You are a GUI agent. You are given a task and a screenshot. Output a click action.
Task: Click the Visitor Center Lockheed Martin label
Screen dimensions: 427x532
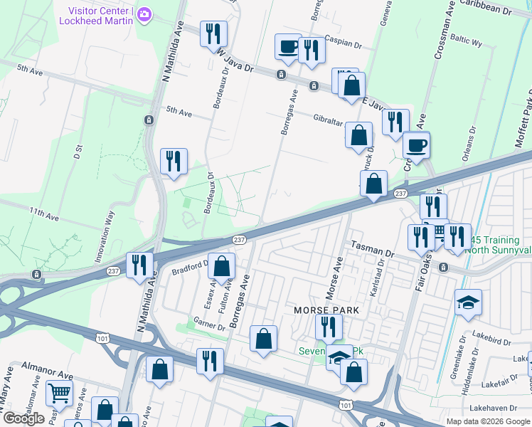click(101, 16)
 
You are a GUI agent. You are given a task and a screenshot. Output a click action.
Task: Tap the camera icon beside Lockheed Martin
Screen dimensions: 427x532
click(144, 14)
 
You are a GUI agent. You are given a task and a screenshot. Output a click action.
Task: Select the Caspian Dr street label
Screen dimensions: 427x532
click(344, 42)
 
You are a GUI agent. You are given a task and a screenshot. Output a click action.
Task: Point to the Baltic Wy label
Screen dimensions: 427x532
click(466, 43)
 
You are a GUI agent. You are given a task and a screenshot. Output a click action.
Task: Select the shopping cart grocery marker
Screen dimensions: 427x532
click(59, 392)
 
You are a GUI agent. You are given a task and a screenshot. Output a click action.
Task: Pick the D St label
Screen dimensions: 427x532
click(78, 151)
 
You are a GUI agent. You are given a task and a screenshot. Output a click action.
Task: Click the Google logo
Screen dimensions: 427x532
click(23, 418)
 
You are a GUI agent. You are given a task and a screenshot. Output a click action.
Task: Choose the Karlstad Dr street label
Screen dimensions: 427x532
click(381, 270)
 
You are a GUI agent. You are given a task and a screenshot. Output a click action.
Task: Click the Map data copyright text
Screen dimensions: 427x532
click(487, 421)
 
